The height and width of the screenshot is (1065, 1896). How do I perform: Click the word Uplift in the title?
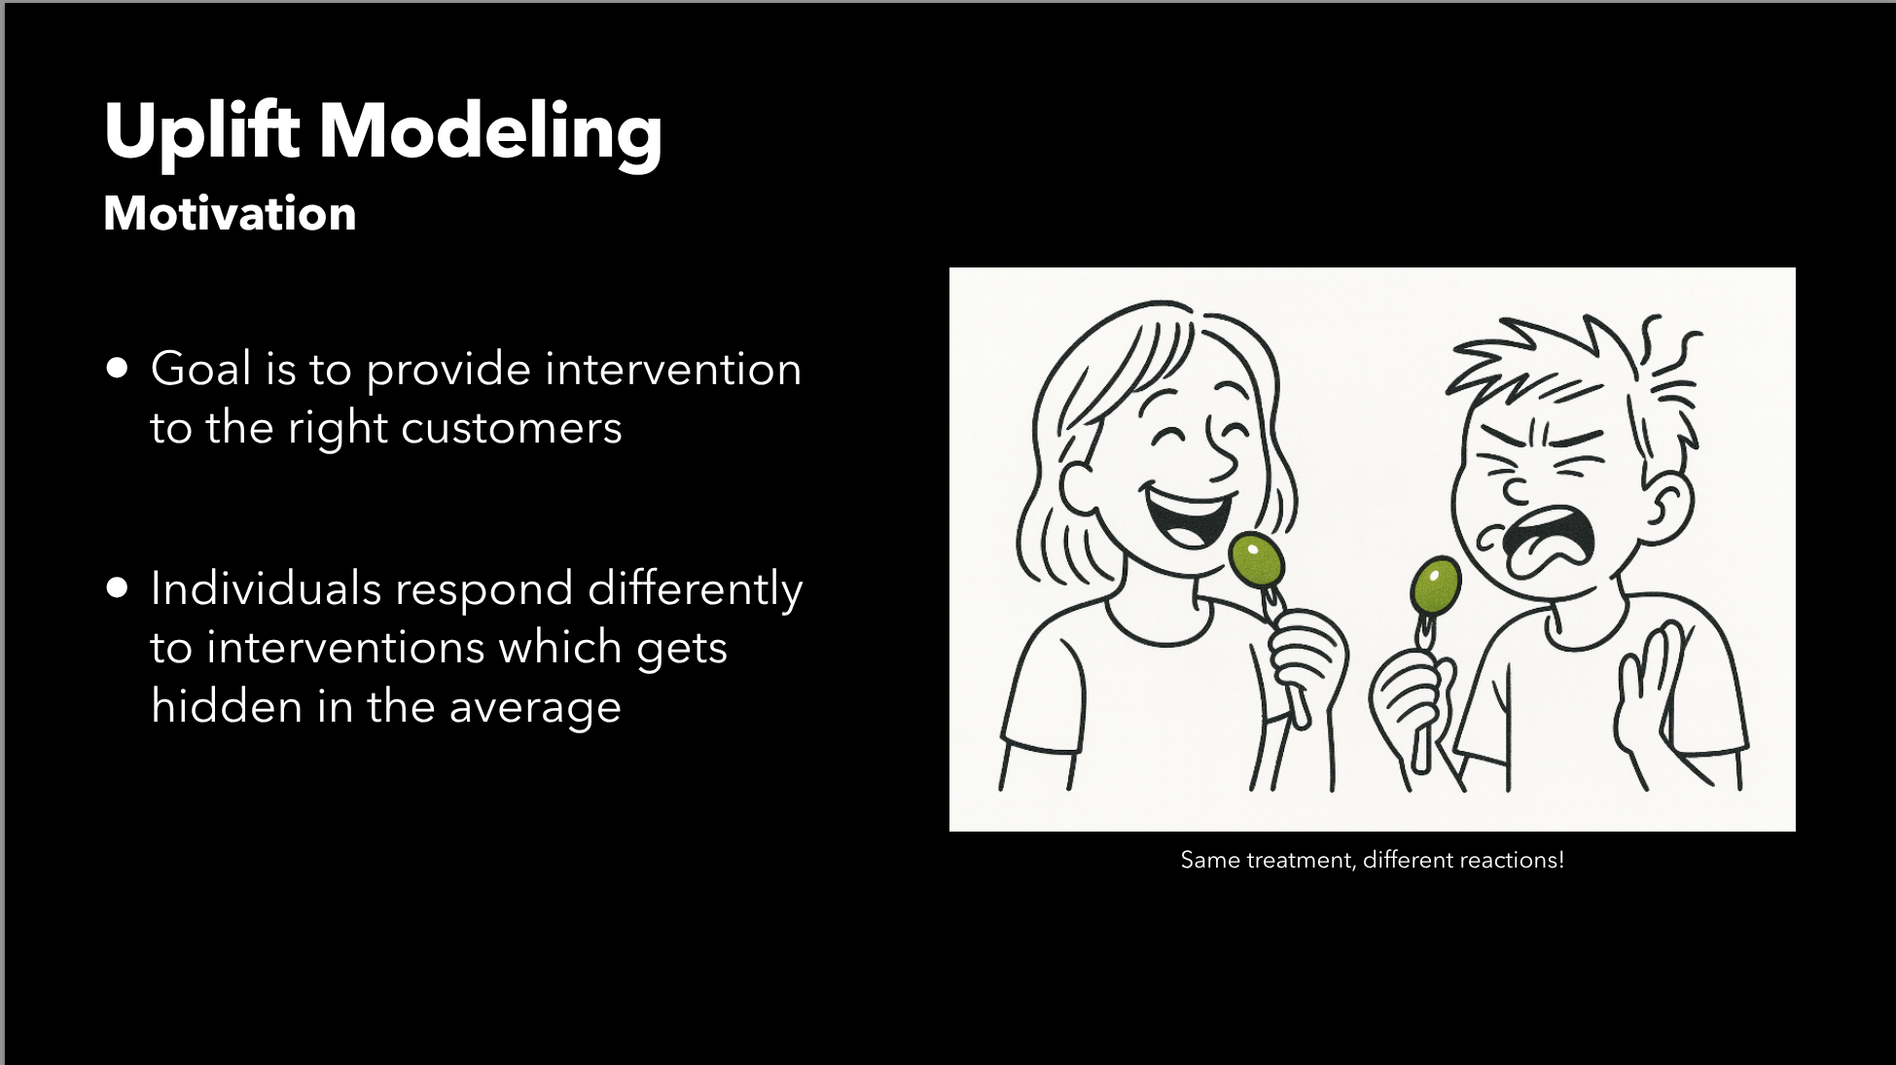(201, 131)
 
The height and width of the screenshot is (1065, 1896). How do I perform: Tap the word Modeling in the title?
(491, 131)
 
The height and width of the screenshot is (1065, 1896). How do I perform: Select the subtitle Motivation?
(230, 213)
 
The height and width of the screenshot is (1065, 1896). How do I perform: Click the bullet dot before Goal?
(118, 368)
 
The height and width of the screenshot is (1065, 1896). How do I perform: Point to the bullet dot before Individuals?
(118, 587)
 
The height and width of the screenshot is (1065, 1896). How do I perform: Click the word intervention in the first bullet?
(673, 370)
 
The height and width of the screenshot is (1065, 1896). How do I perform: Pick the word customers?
(512, 429)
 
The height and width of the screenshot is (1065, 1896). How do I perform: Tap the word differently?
(696, 589)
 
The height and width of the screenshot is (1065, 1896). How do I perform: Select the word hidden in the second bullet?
(226, 706)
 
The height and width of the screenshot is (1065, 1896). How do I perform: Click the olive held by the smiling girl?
(1257, 560)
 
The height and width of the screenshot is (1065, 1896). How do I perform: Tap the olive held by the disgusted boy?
(1436, 586)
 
